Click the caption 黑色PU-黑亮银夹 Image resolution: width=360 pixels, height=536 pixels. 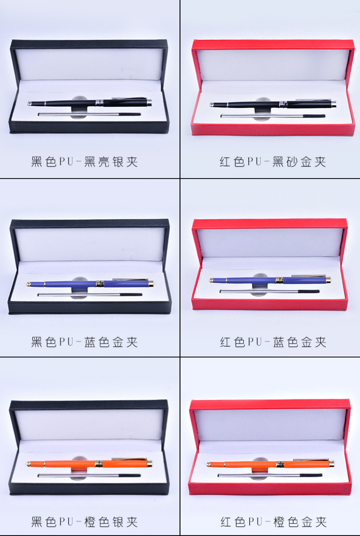point(85,162)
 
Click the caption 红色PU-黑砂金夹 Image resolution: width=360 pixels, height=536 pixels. point(273,162)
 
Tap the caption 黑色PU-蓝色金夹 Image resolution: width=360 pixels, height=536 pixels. point(85,342)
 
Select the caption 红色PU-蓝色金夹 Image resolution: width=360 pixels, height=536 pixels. point(273,342)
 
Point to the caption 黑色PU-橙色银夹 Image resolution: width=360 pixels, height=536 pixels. point(85,522)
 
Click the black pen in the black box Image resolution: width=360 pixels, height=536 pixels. point(90,102)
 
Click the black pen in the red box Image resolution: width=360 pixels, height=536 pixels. point(273,103)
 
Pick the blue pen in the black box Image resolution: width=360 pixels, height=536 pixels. point(90,283)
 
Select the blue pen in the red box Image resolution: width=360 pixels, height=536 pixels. point(270,280)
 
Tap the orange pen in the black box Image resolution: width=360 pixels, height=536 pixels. point(90,464)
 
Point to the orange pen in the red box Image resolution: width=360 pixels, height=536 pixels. point(270,464)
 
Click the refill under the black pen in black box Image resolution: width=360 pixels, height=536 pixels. point(89,114)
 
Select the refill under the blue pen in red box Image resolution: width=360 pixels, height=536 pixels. point(269,291)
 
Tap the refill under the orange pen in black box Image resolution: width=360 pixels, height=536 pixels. point(89,475)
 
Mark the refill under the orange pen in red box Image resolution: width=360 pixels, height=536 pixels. point(270,475)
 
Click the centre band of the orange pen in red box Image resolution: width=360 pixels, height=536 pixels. point(280,464)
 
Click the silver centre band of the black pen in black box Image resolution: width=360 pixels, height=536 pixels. point(99,103)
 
